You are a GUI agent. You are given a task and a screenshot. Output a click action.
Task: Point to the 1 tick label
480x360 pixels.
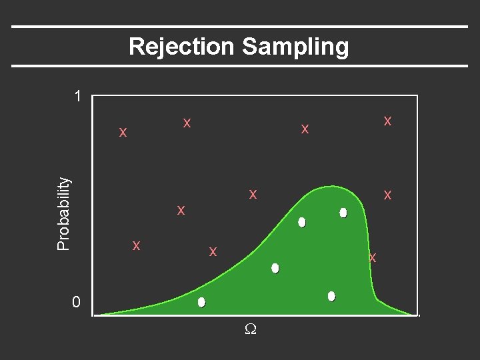[78, 97]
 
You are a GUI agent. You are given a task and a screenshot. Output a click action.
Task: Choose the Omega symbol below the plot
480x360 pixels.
[249, 329]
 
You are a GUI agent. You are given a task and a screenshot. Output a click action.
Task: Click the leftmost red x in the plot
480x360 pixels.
[123, 132]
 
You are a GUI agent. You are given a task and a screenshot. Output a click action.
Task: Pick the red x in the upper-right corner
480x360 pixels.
[387, 121]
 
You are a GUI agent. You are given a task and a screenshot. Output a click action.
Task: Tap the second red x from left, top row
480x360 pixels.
[187, 123]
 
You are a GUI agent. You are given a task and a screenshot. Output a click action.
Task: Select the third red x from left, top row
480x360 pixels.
[304, 128]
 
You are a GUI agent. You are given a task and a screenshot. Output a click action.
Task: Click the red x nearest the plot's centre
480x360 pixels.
[253, 194]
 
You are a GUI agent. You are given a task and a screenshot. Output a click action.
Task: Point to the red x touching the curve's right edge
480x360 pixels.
[373, 257]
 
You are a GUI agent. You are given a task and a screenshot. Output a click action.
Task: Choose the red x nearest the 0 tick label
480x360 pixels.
[136, 245]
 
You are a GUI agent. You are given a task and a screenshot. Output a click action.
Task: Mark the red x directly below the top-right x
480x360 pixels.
[387, 195]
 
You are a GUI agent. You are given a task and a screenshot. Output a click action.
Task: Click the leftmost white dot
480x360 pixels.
[201, 302]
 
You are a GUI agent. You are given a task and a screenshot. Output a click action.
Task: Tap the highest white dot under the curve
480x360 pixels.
[343, 213]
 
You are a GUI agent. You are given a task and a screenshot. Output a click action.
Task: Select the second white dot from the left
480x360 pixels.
[275, 268]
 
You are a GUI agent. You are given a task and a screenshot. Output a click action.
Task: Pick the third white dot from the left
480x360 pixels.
[302, 222]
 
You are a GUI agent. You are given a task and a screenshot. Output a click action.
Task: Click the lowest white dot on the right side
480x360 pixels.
[331, 296]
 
